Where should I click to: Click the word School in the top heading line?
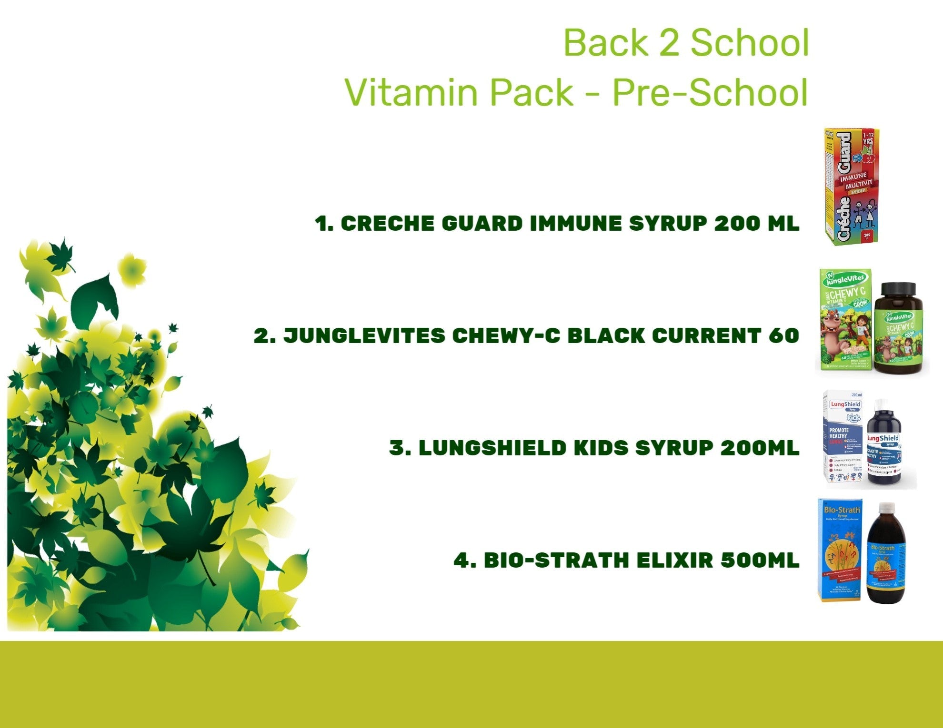tap(750, 43)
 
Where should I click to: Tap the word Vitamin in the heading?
tap(411, 92)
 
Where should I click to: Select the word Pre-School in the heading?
tap(710, 92)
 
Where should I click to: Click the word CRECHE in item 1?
tap(387, 224)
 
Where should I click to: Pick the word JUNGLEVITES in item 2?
tap(364, 336)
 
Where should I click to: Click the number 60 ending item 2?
tap(783, 336)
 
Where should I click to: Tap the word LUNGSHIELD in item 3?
tap(492, 448)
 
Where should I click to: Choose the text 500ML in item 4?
tap(760, 561)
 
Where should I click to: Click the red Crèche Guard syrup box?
tap(852, 187)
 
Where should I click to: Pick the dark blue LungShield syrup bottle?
tap(884, 445)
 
